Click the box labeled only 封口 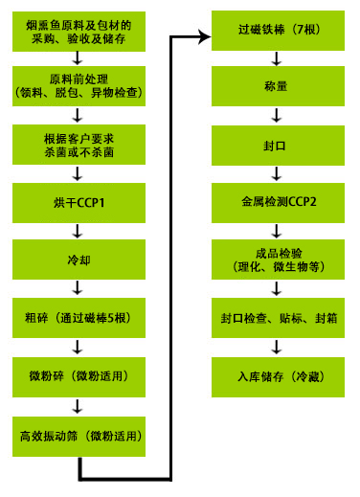(277, 147)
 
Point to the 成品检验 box (277, 257)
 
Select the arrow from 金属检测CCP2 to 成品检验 (277, 230)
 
